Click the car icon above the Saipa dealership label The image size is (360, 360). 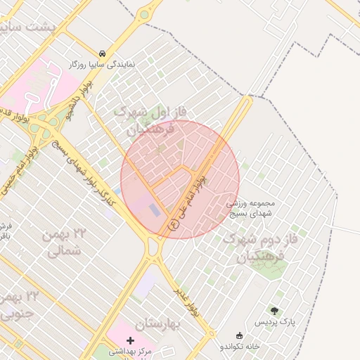click(x=103, y=53)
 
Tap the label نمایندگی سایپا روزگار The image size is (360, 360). click(x=103, y=64)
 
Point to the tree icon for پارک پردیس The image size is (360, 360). click(x=274, y=310)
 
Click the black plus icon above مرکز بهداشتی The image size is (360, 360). click(x=130, y=340)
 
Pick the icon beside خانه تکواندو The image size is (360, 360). click(x=240, y=335)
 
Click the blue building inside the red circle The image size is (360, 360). click(x=154, y=210)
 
